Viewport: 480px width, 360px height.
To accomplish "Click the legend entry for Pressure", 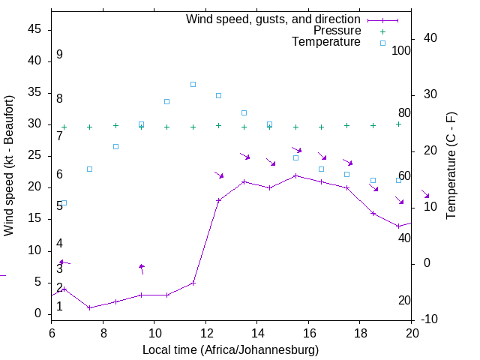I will tap(337, 31).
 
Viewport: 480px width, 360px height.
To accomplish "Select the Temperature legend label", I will tap(326, 42).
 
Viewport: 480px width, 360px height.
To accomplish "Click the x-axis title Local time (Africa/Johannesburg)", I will tap(231, 350).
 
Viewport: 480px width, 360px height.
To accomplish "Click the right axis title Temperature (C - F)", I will tap(451, 165).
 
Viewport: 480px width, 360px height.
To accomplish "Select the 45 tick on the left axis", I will tap(35, 28).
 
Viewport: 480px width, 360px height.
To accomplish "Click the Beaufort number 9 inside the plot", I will tap(59, 55).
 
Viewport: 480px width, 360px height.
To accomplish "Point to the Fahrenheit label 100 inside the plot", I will tap(401, 51).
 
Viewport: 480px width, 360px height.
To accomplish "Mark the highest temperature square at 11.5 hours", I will tap(193, 84).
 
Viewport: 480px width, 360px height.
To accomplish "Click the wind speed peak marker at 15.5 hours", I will tap(295, 175).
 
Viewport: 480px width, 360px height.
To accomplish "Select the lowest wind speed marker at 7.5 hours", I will tap(89, 307).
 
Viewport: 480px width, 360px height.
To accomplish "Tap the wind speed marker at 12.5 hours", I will tap(218, 200).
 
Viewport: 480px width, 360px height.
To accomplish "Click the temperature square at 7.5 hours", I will tap(89, 169).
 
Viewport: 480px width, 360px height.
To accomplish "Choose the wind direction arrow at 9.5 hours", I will tap(141, 268).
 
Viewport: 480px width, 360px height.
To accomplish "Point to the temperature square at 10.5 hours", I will tap(166, 101).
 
